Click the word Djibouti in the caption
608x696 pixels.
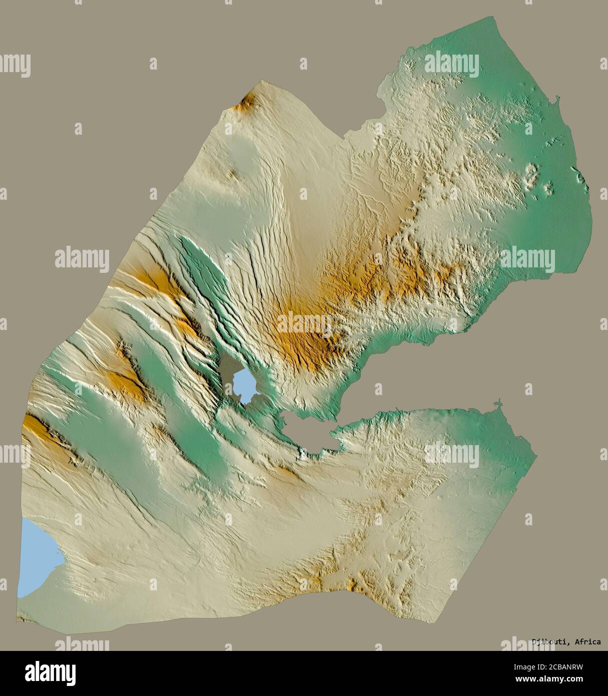coord(550,642)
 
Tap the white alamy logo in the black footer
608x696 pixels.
coord(51,673)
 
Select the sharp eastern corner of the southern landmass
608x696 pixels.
coord(536,456)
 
